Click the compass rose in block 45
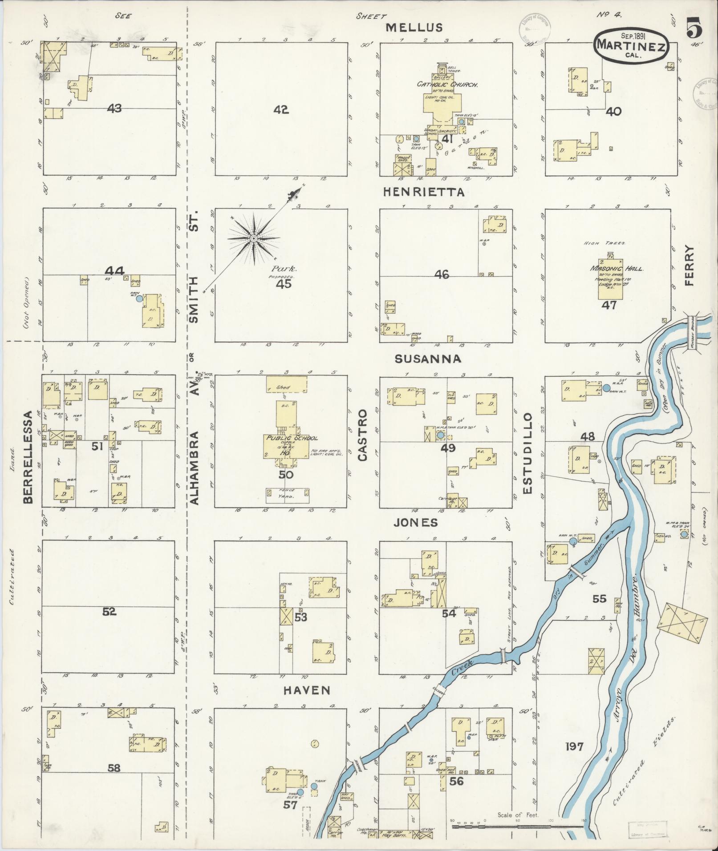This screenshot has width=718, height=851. [253, 239]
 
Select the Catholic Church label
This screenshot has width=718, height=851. [447, 84]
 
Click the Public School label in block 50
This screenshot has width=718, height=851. [292, 438]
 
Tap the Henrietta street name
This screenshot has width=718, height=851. [424, 192]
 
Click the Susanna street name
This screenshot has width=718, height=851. [427, 359]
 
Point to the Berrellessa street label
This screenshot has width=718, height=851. [28, 457]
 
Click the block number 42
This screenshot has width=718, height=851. [281, 109]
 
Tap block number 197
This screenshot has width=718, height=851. [574, 746]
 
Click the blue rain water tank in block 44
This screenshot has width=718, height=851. [139, 299]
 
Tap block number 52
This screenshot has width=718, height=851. [109, 612]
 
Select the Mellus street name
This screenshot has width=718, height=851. [414, 28]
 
